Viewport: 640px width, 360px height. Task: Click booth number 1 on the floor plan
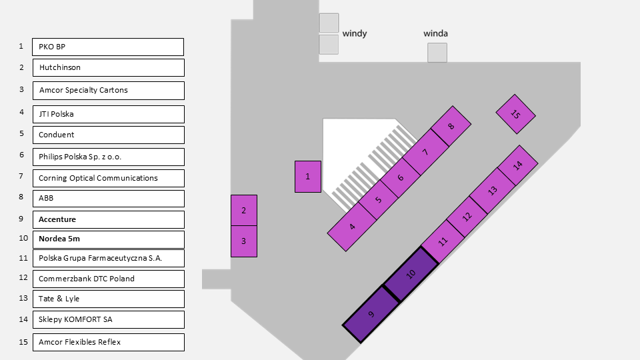[308, 177]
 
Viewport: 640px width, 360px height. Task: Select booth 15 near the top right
[515, 114]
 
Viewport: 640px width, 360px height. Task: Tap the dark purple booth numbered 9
[371, 314]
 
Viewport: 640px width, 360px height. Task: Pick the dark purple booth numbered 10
[411, 273]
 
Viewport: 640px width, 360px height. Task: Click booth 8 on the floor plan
[451, 127]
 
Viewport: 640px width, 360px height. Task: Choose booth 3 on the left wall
[244, 241]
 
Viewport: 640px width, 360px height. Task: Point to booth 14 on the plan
[517, 165]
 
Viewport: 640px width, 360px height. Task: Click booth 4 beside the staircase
[352, 227]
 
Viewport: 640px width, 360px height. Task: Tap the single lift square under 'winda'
[437, 53]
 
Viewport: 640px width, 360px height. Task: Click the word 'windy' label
[355, 33]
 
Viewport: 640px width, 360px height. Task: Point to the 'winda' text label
[436, 33]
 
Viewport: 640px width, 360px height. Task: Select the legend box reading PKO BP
[108, 47]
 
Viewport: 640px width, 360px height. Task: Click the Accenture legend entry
[108, 219]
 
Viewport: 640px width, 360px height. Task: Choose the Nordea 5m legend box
[108, 239]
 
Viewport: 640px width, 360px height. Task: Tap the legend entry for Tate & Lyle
[108, 299]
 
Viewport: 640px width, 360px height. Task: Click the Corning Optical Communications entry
[108, 178]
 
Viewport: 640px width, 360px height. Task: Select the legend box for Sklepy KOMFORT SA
[108, 319]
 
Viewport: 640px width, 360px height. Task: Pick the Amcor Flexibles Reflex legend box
[108, 342]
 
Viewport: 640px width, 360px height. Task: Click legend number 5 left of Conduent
[21, 133]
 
